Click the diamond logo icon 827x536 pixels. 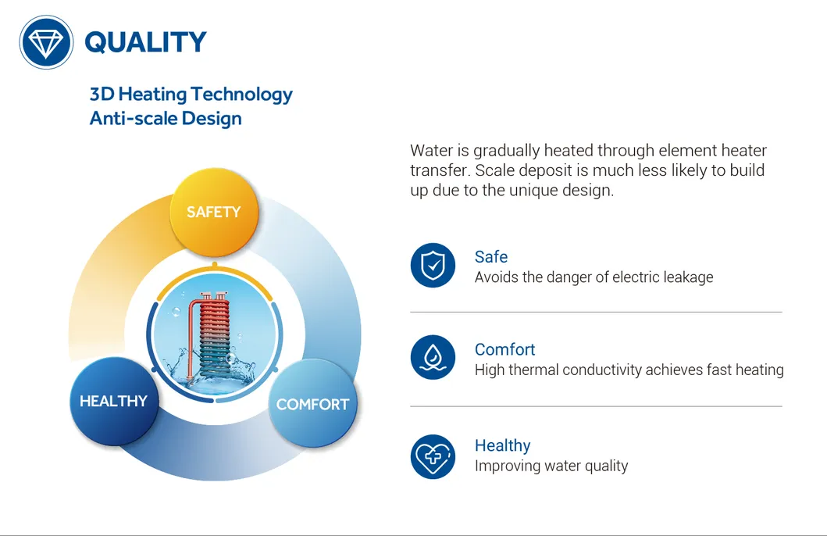click(x=46, y=42)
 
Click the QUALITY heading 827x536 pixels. click(x=145, y=42)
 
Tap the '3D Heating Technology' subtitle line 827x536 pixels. click(x=191, y=95)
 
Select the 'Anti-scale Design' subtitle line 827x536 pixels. click(x=166, y=119)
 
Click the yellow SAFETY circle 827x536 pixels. click(x=214, y=212)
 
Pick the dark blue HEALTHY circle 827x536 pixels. click(x=114, y=401)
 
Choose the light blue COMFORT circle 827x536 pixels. click(x=313, y=404)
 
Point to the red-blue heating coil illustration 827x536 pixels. click(x=211, y=335)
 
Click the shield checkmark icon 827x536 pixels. click(x=433, y=265)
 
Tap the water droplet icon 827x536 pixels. click(x=433, y=357)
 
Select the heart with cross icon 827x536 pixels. click(x=433, y=456)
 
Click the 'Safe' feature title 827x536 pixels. click(x=491, y=257)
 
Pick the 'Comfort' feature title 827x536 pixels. click(x=504, y=349)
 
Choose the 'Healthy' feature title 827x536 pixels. click(x=503, y=446)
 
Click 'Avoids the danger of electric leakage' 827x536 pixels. click(x=594, y=277)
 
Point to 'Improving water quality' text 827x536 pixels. click(x=551, y=466)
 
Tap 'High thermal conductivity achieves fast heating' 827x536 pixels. click(x=629, y=370)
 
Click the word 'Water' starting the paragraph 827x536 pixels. click(x=432, y=151)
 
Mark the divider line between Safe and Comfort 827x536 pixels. click(x=596, y=313)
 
